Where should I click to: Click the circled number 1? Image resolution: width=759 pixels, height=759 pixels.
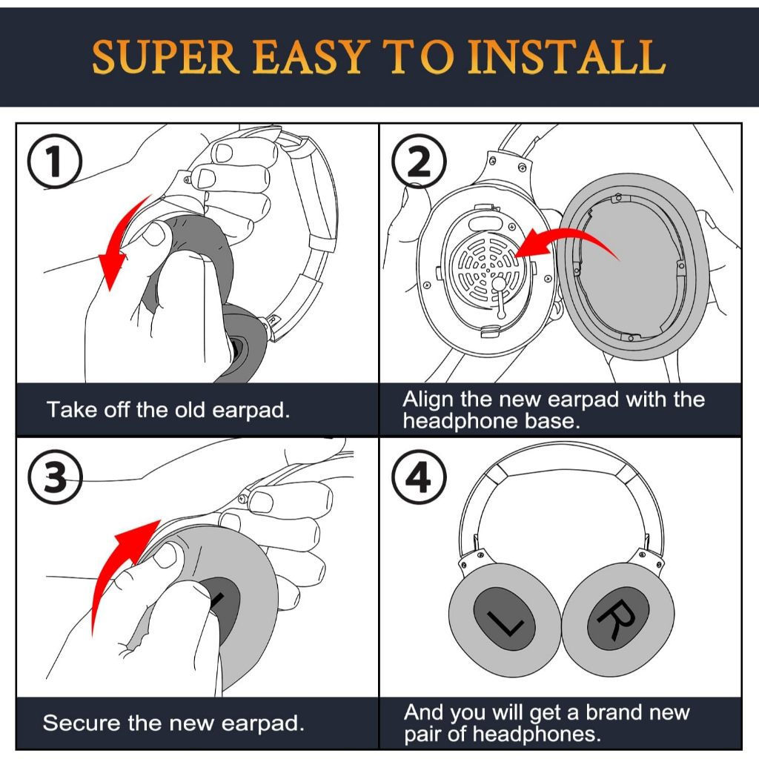coord(54,165)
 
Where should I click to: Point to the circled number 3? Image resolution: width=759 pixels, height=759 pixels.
coord(54,479)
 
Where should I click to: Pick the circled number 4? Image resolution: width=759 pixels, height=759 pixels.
coord(419,479)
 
